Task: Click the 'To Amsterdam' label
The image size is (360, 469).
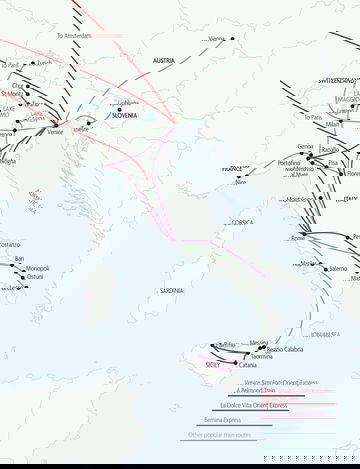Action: coord(74,36)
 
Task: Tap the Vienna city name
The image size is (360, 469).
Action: coord(215,39)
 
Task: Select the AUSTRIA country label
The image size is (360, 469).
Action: coord(164,60)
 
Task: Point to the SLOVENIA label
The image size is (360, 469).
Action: coord(125,115)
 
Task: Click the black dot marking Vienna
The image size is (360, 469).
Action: coord(232,39)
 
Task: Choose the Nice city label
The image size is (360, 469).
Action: coord(240,182)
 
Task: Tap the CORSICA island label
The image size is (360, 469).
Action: coord(240,222)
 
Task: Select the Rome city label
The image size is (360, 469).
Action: coord(298,238)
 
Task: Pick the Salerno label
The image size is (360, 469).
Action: coord(338,268)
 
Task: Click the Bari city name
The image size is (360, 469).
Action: coord(20,259)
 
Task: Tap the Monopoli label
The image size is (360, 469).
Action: coord(38,268)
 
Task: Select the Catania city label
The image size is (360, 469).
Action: coord(247,365)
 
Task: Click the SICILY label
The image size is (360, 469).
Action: coord(213,365)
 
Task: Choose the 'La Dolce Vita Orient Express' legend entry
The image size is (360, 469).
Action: coord(253,406)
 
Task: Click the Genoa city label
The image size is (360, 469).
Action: coord(305,146)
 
